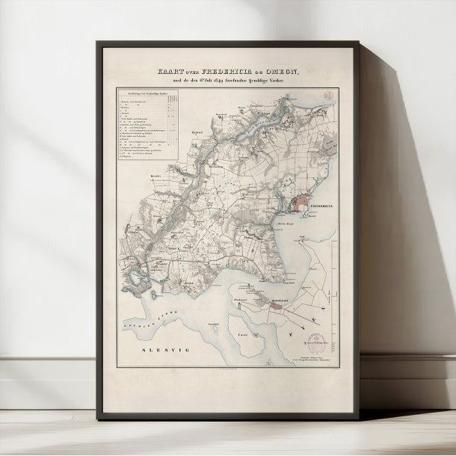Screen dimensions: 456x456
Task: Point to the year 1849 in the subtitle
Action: click(x=201, y=81)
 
